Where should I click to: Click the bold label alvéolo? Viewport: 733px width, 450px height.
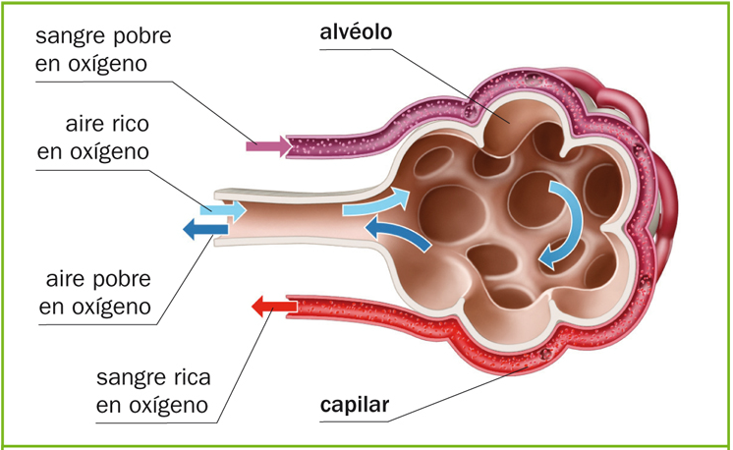(356, 32)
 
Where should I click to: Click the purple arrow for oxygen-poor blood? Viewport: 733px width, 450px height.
(268, 147)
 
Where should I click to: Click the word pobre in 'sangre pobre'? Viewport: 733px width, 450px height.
(140, 37)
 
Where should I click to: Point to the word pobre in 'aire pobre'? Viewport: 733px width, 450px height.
(120, 279)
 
